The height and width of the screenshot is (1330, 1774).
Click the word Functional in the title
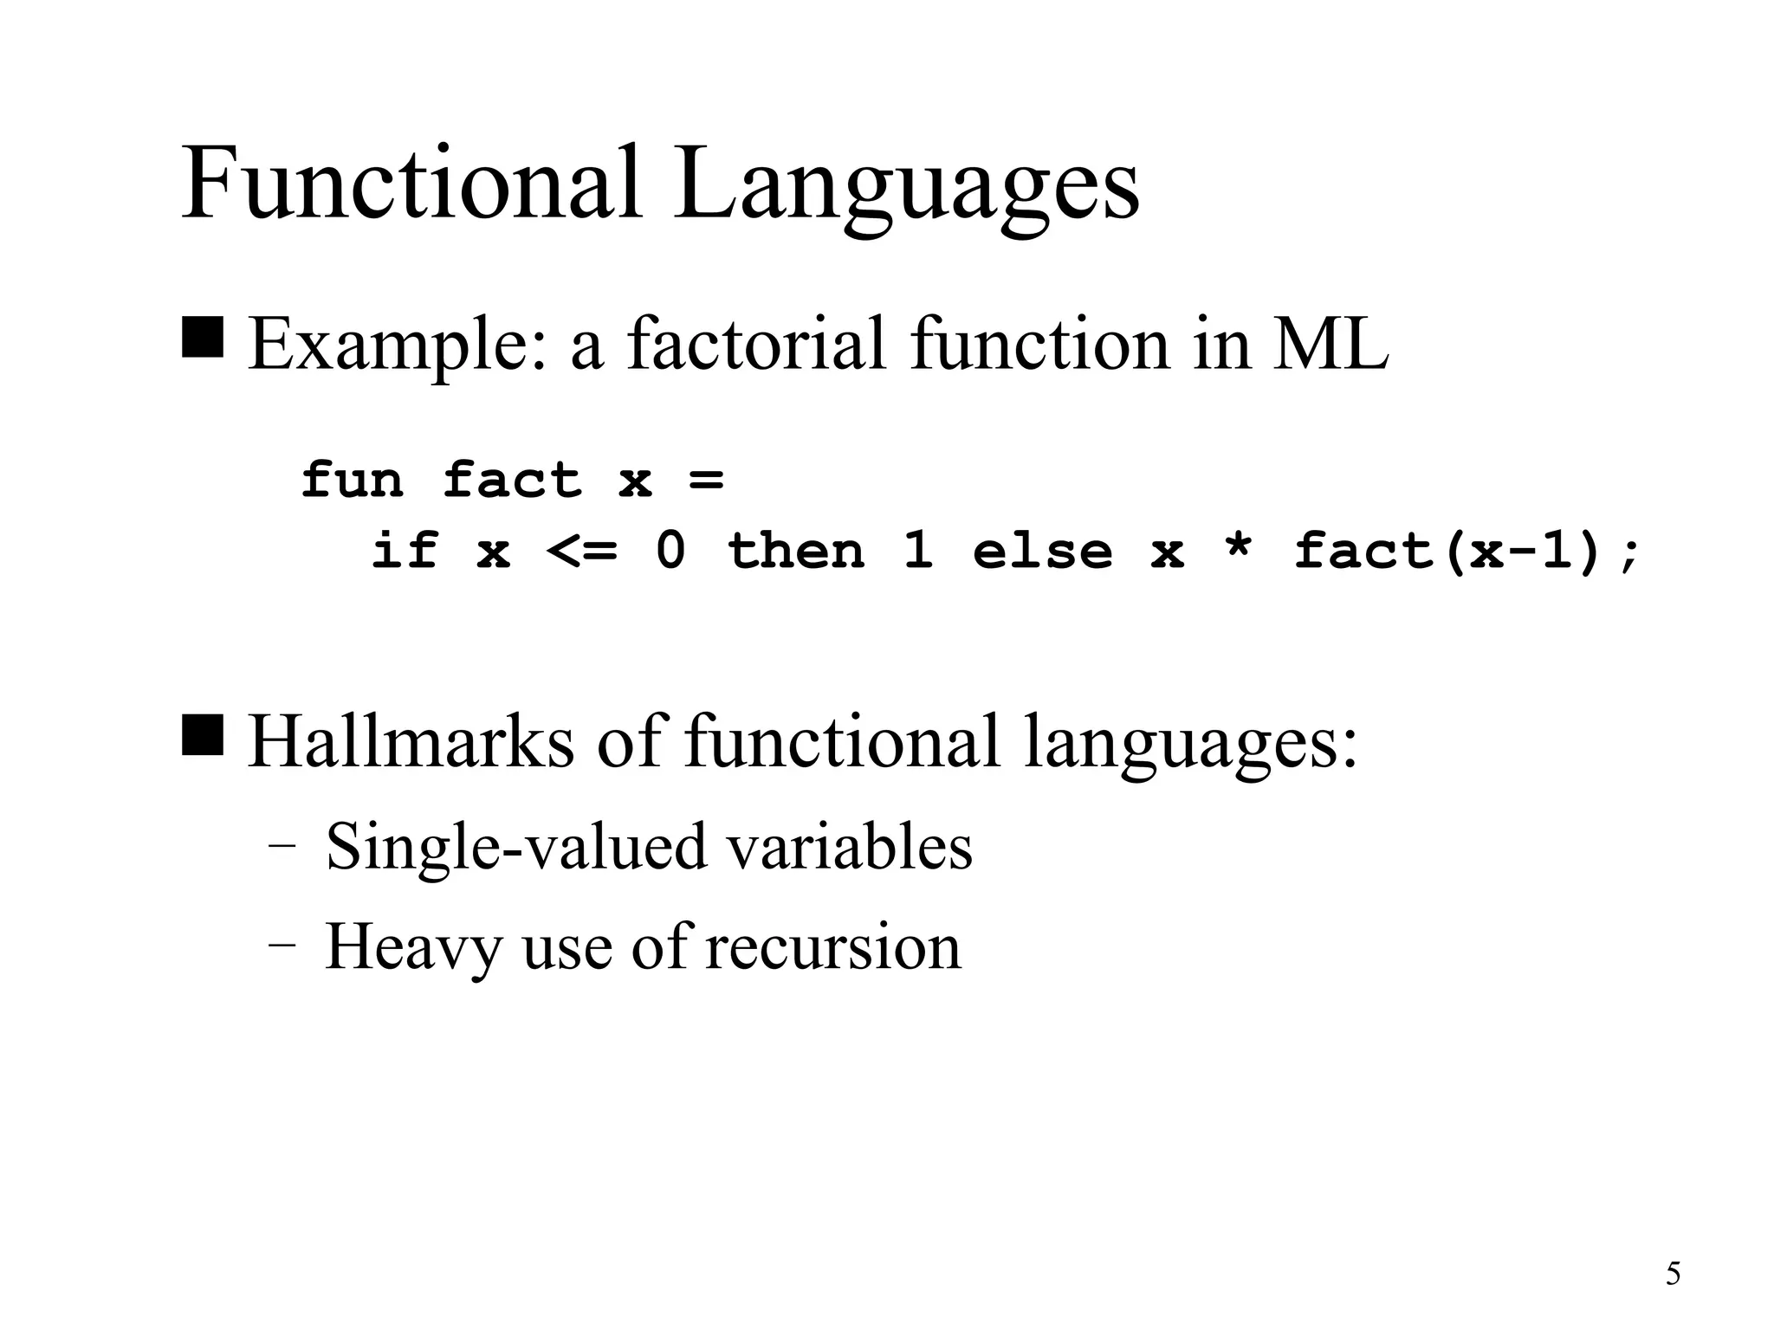click(x=411, y=184)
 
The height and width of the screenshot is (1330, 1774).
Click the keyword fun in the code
click(x=353, y=481)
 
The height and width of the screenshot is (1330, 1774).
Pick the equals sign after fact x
click(x=706, y=481)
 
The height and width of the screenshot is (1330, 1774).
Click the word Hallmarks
click(x=411, y=741)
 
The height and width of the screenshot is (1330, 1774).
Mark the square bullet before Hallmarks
click(x=203, y=735)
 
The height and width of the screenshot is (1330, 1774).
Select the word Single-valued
click(x=517, y=847)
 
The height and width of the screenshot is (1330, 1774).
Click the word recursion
click(x=833, y=946)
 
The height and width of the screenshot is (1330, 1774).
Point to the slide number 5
click(x=1673, y=1274)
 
